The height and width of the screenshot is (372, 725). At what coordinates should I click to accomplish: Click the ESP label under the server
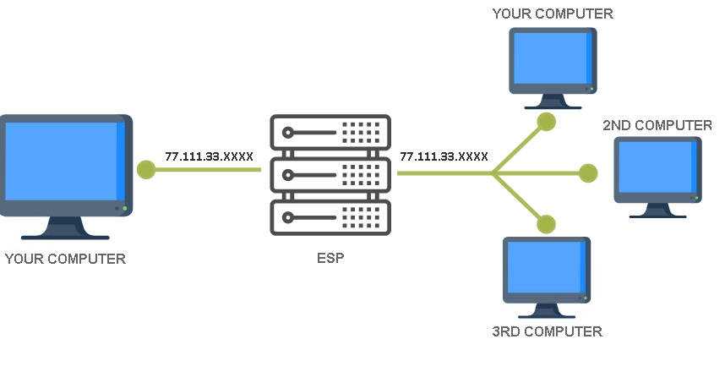coord(330,258)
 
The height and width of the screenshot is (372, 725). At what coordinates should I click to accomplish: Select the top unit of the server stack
coord(330,134)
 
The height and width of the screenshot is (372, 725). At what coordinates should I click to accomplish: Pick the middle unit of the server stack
coord(330,175)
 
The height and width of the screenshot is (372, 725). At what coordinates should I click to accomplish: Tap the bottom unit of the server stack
coord(330,216)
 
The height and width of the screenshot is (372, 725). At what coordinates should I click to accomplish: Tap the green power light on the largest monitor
coord(124,208)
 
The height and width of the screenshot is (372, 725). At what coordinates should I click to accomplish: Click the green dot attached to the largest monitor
coord(146,169)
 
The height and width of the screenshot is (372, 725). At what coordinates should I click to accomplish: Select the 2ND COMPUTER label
coord(657,125)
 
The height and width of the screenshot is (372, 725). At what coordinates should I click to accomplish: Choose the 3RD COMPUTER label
coord(547,331)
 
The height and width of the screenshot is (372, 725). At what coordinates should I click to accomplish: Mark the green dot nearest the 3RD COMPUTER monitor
coord(547,224)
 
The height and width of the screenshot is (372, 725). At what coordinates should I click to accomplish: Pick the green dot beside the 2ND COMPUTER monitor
coord(589,173)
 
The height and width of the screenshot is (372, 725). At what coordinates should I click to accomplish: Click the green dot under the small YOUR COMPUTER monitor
coord(547,121)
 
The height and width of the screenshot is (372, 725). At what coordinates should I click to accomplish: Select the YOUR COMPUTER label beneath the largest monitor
coord(65,259)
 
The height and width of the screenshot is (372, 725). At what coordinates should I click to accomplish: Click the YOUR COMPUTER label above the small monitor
coord(553,14)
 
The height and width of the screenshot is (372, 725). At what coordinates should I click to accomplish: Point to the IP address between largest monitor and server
coord(209,156)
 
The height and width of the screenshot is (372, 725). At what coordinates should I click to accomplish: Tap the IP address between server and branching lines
coord(444,156)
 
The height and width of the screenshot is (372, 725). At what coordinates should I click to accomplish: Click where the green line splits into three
coord(493,173)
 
